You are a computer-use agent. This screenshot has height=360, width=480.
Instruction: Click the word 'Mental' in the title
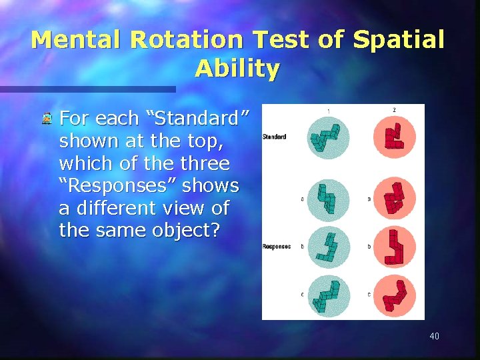click(x=77, y=40)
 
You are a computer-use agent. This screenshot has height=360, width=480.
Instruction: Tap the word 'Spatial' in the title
click(x=398, y=40)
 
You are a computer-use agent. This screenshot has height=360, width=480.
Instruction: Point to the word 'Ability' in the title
click(x=237, y=69)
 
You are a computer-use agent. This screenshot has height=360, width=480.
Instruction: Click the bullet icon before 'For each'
click(x=47, y=120)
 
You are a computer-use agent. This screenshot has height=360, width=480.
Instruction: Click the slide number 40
click(x=434, y=336)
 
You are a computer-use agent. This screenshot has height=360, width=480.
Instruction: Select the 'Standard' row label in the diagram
click(x=275, y=137)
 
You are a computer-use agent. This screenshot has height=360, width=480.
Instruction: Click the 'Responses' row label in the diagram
click(x=276, y=247)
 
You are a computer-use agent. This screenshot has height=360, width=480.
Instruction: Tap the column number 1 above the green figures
click(x=327, y=110)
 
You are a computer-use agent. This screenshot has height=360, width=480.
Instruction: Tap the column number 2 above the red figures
click(x=394, y=110)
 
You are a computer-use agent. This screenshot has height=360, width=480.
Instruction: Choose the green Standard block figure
click(x=328, y=137)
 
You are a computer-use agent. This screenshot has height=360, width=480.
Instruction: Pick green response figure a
click(x=328, y=199)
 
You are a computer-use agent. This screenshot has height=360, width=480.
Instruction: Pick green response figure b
click(x=328, y=247)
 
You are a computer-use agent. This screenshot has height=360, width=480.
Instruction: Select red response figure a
click(x=395, y=199)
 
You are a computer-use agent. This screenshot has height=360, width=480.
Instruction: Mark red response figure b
click(x=395, y=247)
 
